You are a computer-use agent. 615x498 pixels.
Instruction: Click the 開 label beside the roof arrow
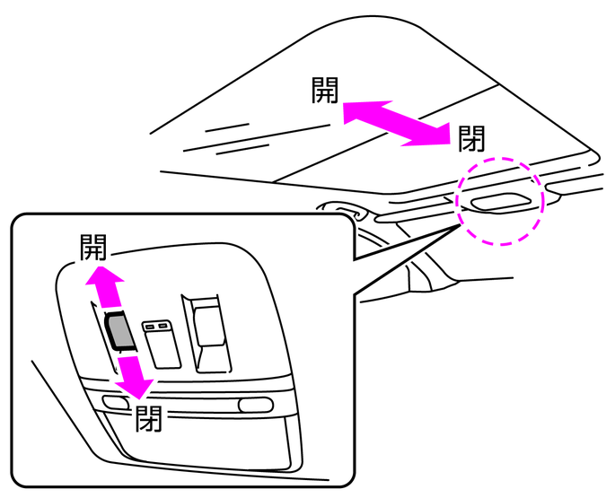pos(325,90)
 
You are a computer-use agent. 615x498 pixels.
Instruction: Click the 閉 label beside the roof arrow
pos(471,138)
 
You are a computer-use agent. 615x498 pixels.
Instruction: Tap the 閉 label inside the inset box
pos(148,418)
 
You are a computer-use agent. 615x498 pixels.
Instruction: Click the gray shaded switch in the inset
pos(119,331)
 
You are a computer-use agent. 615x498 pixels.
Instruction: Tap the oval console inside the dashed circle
pos(500,201)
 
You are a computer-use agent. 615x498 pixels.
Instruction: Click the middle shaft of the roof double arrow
pos(395,120)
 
